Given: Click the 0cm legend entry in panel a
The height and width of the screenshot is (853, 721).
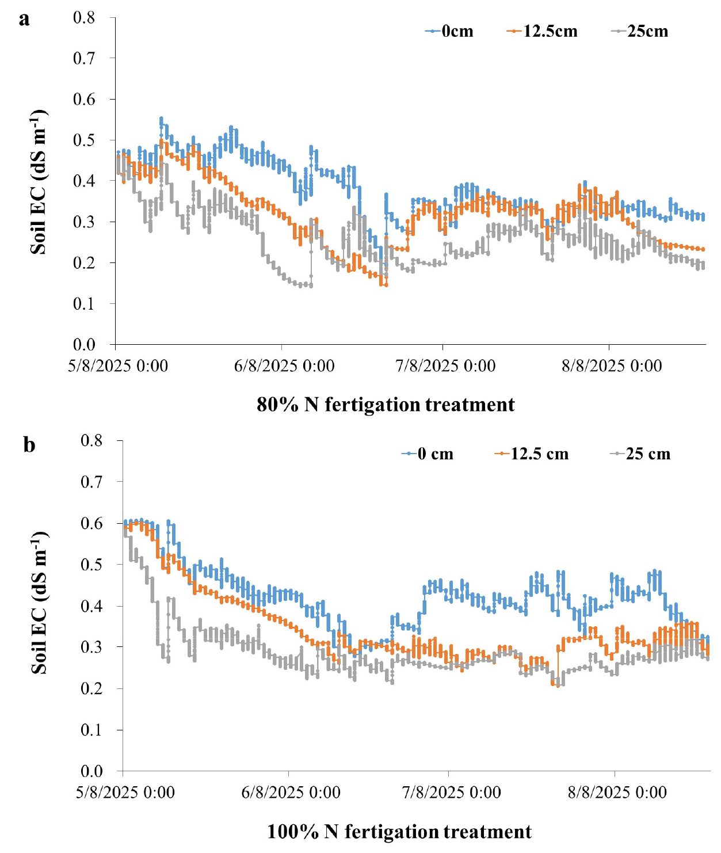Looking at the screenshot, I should [450, 31].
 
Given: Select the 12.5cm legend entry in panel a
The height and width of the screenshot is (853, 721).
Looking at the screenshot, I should [543, 31].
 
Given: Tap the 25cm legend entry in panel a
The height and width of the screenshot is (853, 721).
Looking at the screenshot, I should [640, 31].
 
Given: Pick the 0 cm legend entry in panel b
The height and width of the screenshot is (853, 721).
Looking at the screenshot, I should [428, 454].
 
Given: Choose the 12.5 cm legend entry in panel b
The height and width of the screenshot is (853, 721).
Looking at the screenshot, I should [532, 454].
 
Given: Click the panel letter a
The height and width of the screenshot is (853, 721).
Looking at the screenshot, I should [24, 19].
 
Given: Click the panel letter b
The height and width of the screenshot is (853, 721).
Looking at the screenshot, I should [29, 445].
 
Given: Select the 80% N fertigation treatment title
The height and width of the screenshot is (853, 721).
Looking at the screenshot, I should [386, 405].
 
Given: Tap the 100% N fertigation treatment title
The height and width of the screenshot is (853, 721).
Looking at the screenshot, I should [399, 832].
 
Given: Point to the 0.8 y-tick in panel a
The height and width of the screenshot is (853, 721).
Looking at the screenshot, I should [84, 18].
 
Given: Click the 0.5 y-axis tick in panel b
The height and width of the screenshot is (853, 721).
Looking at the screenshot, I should [91, 565].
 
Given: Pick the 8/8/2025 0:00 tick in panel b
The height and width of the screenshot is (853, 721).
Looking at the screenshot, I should [617, 793].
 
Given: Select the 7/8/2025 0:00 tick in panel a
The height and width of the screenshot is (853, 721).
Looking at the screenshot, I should [445, 366].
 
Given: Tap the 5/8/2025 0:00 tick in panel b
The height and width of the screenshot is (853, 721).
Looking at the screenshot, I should [125, 793].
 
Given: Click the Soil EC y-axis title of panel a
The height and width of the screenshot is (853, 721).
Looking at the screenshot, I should [39, 181].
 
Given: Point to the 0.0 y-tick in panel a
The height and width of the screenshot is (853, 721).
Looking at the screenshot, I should [84, 344].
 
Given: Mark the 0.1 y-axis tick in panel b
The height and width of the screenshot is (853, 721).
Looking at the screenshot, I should [91, 730].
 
